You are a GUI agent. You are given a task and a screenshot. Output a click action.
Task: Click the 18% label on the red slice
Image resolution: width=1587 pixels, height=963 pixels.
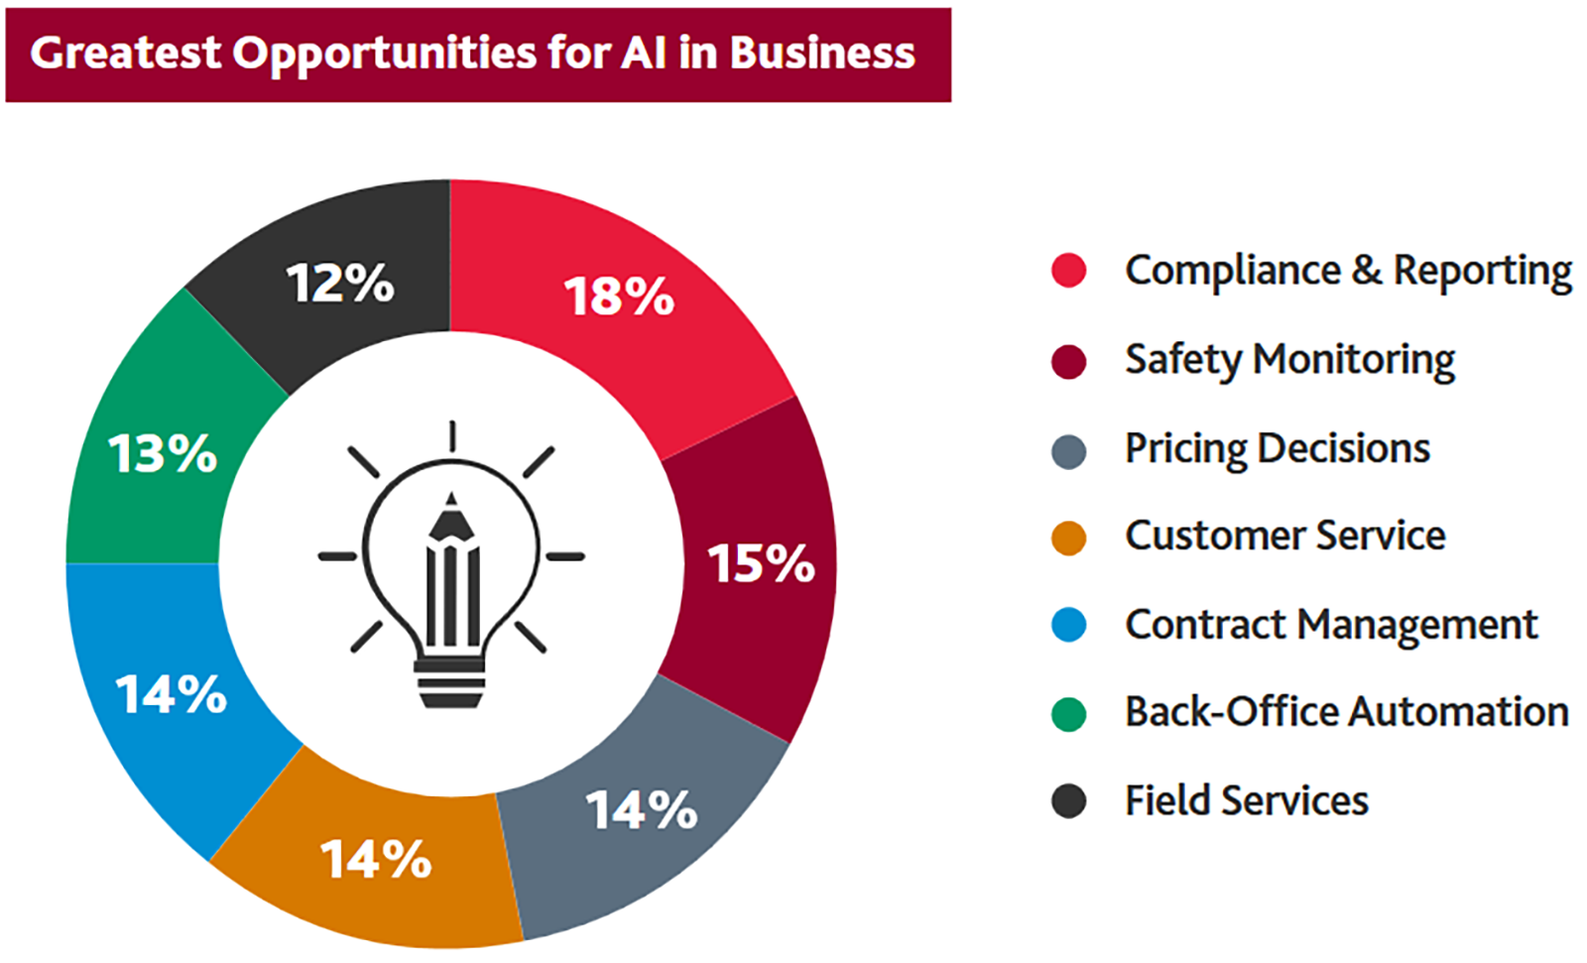click(619, 297)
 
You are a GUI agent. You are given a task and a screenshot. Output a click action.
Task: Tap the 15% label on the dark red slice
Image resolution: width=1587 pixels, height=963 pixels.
click(761, 563)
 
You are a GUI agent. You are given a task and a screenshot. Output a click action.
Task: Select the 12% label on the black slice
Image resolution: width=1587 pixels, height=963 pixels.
click(340, 284)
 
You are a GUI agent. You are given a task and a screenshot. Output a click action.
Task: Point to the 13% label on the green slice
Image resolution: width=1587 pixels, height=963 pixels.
click(163, 454)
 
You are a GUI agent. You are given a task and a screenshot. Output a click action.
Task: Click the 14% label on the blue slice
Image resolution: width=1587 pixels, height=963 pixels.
click(172, 694)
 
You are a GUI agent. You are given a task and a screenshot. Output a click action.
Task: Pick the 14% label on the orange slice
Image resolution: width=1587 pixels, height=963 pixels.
click(376, 859)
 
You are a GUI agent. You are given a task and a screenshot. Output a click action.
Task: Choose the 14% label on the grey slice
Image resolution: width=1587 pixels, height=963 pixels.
click(642, 810)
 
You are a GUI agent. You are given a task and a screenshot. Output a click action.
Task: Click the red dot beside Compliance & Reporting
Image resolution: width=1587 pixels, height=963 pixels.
click(1068, 271)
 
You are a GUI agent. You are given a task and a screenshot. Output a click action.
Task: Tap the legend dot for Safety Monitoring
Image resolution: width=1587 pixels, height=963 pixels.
click(1068, 362)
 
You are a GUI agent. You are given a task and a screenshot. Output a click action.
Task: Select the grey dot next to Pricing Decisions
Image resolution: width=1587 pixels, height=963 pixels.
click(1068, 451)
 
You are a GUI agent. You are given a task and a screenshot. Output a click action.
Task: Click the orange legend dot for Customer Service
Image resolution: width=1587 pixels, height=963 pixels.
click(1068, 538)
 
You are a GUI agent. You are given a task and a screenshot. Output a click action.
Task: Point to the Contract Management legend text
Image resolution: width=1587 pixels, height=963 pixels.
click(1330, 625)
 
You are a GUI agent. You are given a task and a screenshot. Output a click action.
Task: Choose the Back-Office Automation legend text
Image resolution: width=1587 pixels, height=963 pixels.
click(1346, 712)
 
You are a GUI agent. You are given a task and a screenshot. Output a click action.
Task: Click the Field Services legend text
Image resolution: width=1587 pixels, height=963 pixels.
click(1246, 800)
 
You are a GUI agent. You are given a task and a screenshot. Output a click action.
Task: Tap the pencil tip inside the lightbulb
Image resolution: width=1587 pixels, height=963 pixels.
click(451, 499)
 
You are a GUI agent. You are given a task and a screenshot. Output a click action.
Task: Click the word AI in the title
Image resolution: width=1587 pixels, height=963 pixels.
click(644, 53)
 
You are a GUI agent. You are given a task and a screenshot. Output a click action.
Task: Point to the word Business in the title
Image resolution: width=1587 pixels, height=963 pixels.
click(822, 53)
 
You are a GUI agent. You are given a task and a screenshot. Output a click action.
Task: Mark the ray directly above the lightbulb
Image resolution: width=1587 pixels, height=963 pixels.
click(452, 436)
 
